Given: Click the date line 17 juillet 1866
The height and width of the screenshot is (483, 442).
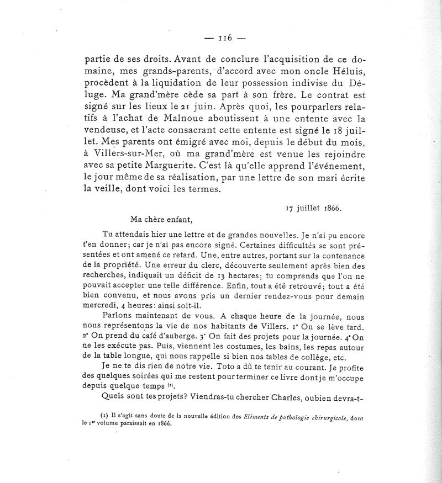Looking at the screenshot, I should point(314,208).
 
